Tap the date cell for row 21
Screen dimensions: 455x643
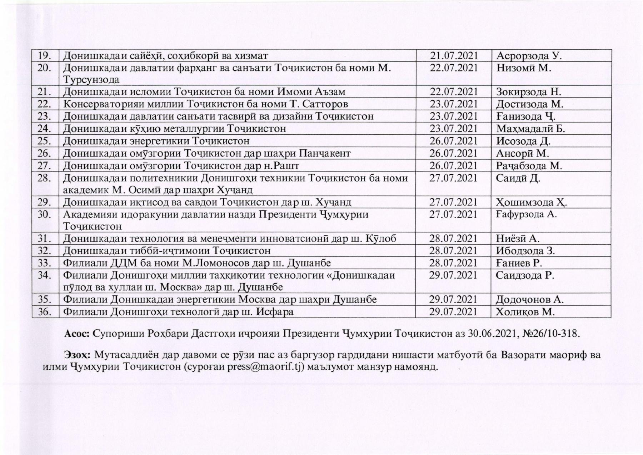coord(453,92)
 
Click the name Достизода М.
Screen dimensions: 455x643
coord(530,104)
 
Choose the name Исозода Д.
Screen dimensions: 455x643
coord(523,141)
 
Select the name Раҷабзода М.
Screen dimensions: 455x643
coord(529,166)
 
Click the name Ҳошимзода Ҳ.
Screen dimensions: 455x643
coord(531,202)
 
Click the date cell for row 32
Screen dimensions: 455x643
coord(453,251)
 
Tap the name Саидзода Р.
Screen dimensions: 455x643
coord(525,275)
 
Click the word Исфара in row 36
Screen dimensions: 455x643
coord(275,312)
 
